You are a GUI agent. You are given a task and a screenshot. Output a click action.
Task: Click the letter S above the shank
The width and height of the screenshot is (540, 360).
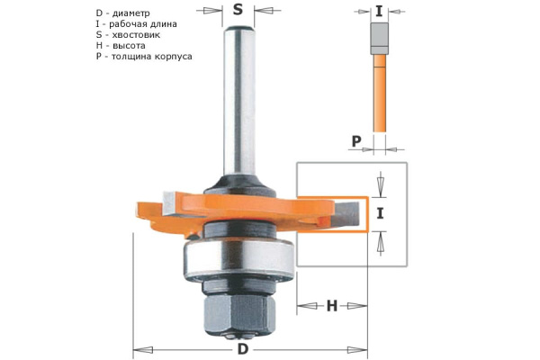238,10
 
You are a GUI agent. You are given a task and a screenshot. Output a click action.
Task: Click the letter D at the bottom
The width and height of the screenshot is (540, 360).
243,349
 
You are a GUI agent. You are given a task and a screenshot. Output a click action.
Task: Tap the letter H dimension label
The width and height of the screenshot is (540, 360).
331,306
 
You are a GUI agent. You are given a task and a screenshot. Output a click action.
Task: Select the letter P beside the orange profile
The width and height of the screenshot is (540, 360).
356,141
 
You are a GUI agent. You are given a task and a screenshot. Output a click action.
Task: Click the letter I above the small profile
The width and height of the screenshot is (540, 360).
379,12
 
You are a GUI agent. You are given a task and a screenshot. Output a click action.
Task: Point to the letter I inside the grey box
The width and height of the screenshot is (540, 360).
380,214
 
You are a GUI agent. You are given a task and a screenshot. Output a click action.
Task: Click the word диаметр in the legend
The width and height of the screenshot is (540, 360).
131,13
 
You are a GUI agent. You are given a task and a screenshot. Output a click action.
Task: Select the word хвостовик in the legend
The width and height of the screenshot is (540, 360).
136,35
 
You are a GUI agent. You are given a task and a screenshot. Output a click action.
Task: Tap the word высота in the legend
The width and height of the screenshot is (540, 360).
129,46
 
